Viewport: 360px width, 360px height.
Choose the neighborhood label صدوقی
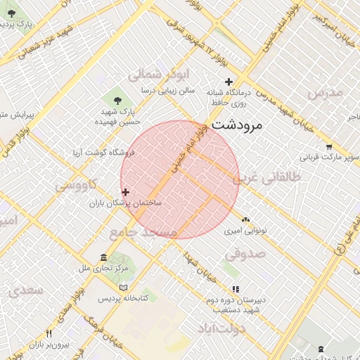pos(245,252)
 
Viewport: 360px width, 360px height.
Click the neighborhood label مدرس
pos(325,92)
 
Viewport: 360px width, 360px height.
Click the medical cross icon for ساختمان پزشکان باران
pos(125,192)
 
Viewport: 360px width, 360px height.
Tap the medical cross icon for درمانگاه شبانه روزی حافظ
pos(229,82)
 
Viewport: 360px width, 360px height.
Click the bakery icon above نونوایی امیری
pos(245,220)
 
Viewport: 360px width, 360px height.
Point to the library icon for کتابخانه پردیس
pos(124,288)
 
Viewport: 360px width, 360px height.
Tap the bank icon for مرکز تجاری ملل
pos(104,257)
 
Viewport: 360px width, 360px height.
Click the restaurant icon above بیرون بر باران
pos(49,333)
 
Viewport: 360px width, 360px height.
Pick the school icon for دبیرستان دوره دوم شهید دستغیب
pos(236,288)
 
